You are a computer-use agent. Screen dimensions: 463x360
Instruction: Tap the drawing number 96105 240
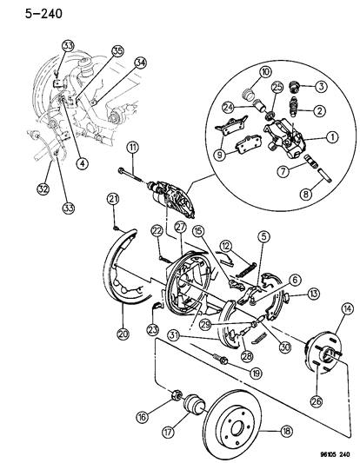(327, 453)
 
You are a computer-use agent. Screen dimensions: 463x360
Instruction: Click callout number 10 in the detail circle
(241, 72)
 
